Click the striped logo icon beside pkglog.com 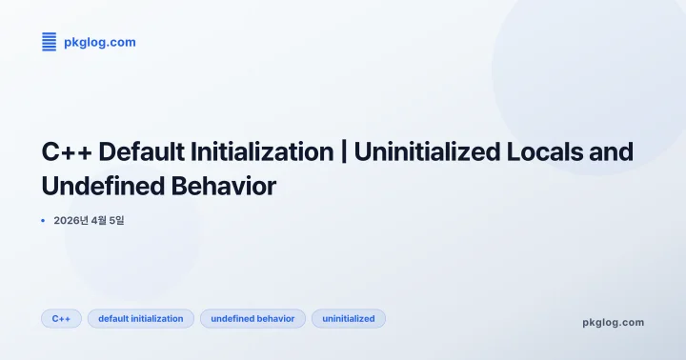[50, 42]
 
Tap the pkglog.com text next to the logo [99, 42]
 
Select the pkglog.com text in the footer [613, 322]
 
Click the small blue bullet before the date [44, 221]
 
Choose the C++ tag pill [61, 318]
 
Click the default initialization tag [141, 318]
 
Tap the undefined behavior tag [252, 318]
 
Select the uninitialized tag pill [349, 318]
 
